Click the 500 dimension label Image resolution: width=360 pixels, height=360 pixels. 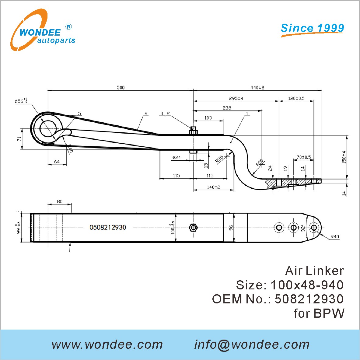click(x=121, y=87)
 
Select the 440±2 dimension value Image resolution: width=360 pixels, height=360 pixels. click(x=257, y=87)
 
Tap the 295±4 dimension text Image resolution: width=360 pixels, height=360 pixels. click(x=236, y=98)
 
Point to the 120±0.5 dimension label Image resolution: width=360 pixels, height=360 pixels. click(x=296, y=98)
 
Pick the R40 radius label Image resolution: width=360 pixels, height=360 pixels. click(x=334, y=236)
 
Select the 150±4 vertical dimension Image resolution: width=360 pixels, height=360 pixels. click(x=344, y=157)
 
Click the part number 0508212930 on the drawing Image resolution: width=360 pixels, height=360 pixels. click(x=108, y=227)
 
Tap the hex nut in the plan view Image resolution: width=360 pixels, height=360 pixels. click(x=193, y=228)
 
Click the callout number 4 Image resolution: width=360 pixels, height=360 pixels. click(x=146, y=114)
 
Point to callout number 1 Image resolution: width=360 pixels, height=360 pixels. click(x=247, y=114)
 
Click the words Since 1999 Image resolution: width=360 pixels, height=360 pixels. click(x=312, y=28)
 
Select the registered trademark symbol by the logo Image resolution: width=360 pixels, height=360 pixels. click(x=69, y=27)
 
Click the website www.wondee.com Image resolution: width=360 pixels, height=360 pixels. click(x=107, y=344)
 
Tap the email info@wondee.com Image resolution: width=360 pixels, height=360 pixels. click(x=252, y=344)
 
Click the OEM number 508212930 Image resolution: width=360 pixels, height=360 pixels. click(x=309, y=299)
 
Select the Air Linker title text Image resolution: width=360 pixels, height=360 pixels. click(x=314, y=271)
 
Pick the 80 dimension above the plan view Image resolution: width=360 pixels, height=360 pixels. click(x=60, y=201)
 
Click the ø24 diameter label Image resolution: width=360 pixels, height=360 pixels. click(x=177, y=157)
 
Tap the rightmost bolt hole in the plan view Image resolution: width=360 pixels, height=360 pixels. click(x=314, y=228)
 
